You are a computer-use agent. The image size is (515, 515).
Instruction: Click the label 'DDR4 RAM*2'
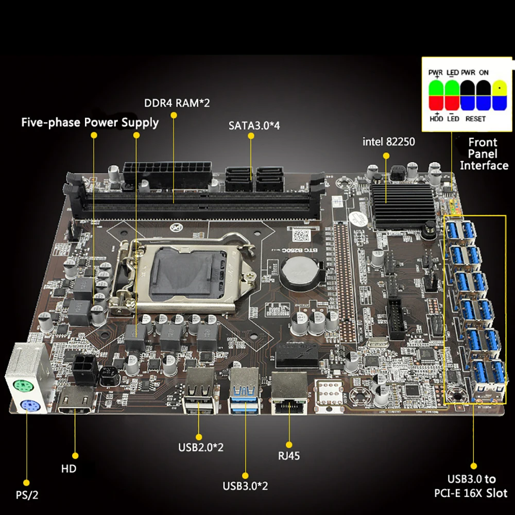tap(177, 102)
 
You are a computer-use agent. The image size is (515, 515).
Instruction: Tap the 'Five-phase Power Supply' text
tap(90, 123)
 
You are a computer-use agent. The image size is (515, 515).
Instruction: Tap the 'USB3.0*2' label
tap(245, 485)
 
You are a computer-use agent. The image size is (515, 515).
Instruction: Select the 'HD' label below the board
tap(68, 469)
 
